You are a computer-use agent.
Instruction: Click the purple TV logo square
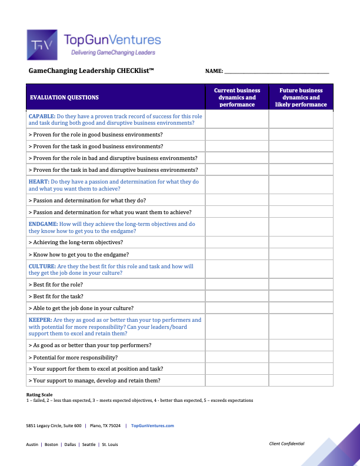pyautogui.click(x=42, y=45)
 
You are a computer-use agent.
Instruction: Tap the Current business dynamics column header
pyautogui.click(x=237, y=97)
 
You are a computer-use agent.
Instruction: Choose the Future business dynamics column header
pyautogui.click(x=301, y=97)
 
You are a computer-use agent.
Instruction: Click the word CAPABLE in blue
pyautogui.click(x=42, y=116)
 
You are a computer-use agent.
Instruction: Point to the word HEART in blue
pyautogui.click(x=39, y=182)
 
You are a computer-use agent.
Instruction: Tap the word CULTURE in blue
pyautogui.click(x=42, y=267)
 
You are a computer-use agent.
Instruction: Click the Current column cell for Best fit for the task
pyautogui.click(x=237, y=296)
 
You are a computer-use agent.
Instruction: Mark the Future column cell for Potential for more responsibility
pyautogui.click(x=301, y=357)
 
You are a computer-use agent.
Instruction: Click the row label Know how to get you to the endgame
pyautogui.click(x=78, y=255)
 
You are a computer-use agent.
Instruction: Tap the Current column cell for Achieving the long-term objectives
pyautogui.click(x=237, y=242)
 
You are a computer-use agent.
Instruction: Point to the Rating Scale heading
pyautogui.click(x=38, y=394)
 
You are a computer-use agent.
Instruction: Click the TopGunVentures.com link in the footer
pyautogui.click(x=152, y=425)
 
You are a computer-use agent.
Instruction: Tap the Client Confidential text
pyautogui.click(x=286, y=444)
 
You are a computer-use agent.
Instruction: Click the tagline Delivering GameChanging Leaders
pyautogui.click(x=113, y=53)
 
